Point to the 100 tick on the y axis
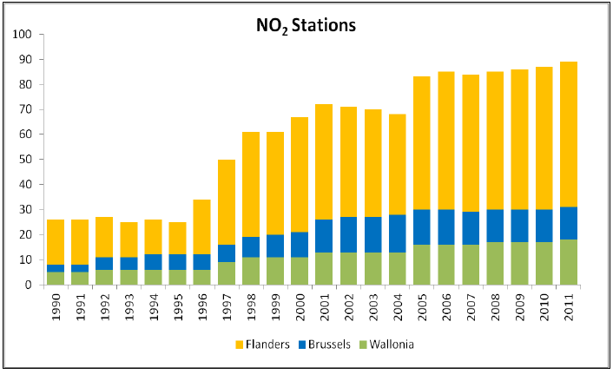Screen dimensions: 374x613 pyautogui.click(x=22, y=35)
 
